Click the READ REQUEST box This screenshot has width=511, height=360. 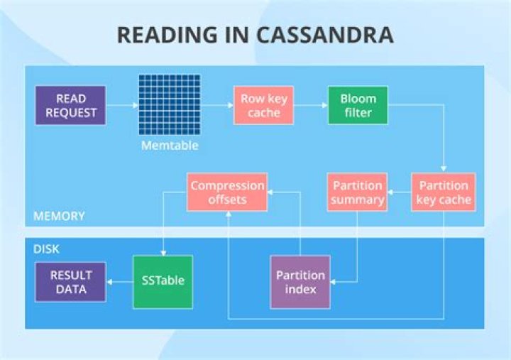[71, 105]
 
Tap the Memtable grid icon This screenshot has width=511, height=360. [168, 105]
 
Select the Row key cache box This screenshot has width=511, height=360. [263, 105]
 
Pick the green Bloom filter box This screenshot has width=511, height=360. [358, 105]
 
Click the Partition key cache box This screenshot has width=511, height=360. [444, 192]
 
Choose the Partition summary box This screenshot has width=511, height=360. [357, 192]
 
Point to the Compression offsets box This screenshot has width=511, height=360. [227, 192]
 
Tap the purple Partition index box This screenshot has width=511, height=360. [300, 282]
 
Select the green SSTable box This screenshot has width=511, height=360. [163, 281]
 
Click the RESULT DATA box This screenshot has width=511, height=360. [70, 282]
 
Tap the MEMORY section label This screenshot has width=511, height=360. [60, 215]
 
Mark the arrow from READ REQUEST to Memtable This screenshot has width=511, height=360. [122, 105]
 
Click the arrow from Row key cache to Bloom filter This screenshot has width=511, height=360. [309, 105]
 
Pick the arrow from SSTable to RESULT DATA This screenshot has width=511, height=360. [119, 281]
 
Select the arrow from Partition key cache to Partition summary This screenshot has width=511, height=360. [400, 192]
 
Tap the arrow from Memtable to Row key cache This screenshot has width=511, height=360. [216, 105]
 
